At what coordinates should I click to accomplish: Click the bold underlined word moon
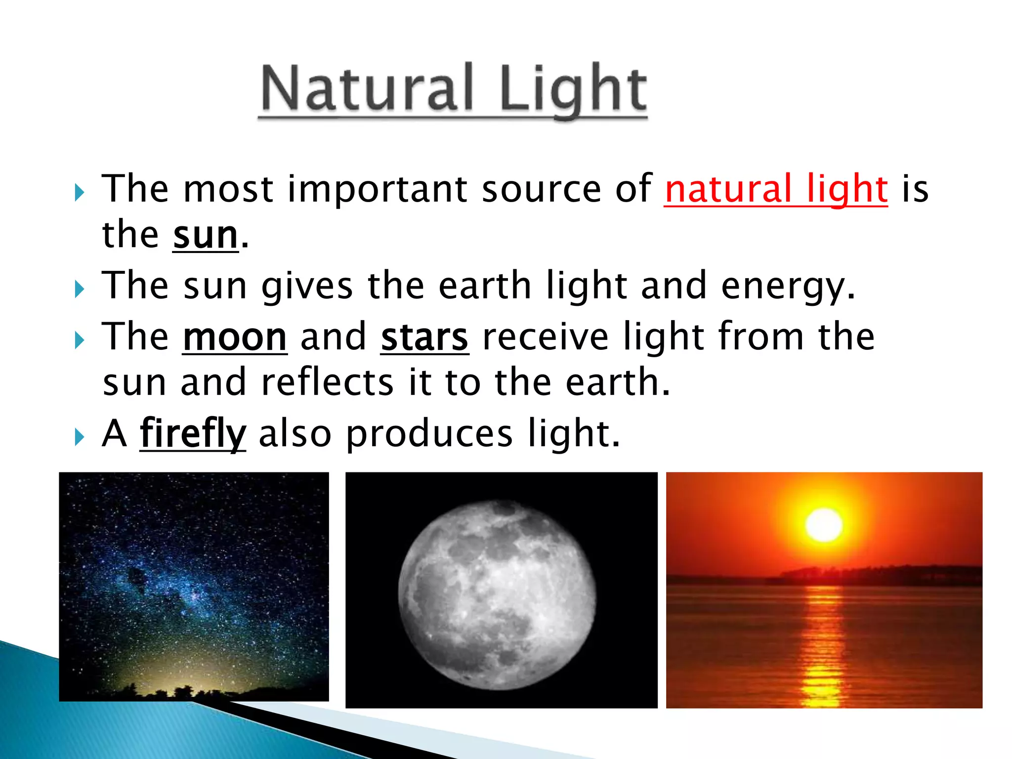tap(235, 337)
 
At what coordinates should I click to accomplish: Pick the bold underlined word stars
tap(424, 337)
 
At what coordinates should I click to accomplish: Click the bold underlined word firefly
tap(193, 434)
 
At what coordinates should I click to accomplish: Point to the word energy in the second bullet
tap(788, 287)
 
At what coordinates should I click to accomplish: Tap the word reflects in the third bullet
tap(327, 383)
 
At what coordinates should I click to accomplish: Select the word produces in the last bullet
tap(429, 434)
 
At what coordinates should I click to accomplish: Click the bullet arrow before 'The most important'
tap(80, 192)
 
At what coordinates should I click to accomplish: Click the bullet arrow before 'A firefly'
tap(80, 437)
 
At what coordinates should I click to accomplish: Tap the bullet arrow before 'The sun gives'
tap(80, 289)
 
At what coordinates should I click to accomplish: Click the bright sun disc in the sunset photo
tap(824, 525)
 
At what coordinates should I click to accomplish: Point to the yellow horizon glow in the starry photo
tap(163, 677)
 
